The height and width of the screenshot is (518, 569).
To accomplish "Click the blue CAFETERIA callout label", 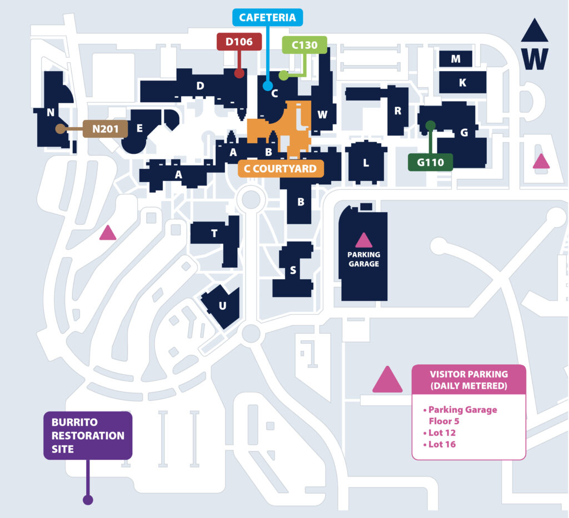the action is (267, 17).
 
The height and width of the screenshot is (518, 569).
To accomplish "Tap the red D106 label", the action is (239, 42).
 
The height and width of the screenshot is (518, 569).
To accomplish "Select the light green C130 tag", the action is (305, 45).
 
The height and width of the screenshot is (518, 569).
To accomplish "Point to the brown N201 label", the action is (105, 129).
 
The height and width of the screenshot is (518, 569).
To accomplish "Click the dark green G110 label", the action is (431, 162).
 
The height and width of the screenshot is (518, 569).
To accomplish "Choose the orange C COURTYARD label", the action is (281, 169).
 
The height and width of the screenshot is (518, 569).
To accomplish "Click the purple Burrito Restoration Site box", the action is (88, 435).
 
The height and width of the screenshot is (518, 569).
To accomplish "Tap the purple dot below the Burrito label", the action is (88, 500).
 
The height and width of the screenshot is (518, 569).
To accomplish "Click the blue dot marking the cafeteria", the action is (268, 86).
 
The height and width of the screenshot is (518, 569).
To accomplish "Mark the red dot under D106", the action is (239, 73).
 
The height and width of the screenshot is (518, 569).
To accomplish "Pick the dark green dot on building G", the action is (431, 126).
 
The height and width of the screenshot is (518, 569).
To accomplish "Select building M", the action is (456, 59).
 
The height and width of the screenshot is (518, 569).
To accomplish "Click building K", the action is (463, 82).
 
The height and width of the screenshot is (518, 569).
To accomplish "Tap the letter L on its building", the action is (366, 163).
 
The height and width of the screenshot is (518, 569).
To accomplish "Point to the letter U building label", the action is (222, 306).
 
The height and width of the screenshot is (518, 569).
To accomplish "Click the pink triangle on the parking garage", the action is (363, 240).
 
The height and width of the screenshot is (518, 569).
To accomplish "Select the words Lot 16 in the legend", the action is (442, 444).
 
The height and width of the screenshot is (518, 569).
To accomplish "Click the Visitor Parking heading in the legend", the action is (469, 380).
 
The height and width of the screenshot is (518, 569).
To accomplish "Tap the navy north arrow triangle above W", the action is (535, 31).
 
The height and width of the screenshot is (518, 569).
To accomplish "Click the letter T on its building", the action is (214, 233).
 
